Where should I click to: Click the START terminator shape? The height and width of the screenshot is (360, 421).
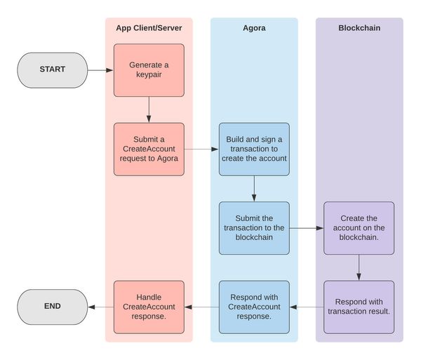coord(53,70)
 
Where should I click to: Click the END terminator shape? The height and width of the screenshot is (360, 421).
coord(53,307)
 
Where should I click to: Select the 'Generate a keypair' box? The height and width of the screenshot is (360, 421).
coord(149,70)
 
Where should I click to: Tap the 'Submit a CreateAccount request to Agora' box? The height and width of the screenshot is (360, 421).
coord(149,149)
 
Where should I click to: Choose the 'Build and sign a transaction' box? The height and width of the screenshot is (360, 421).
coord(254,149)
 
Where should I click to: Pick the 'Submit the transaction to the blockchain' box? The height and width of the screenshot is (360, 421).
coord(254,228)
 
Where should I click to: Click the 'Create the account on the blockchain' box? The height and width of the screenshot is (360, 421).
coord(359,228)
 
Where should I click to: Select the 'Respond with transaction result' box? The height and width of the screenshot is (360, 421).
coord(359,307)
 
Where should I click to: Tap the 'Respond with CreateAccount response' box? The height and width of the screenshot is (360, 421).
coord(254,307)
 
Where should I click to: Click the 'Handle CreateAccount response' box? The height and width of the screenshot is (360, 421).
coord(149,307)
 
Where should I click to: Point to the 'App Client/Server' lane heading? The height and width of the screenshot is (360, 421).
coord(149,28)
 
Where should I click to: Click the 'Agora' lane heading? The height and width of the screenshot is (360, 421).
coord(254,28)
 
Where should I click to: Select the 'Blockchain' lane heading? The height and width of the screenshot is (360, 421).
coord(359,28)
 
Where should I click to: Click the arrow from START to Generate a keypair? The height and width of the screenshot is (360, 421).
coord(100,70)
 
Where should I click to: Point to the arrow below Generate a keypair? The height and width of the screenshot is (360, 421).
coord(149,109)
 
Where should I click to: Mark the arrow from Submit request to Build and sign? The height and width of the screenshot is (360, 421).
coord(201,149)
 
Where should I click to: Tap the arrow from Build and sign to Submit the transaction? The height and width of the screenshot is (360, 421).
coord(254,189)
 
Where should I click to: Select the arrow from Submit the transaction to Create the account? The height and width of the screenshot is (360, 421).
coord(307,228)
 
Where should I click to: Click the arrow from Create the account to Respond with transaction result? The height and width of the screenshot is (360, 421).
coord(359,267)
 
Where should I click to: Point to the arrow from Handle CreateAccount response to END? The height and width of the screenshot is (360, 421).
coord(101,307)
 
